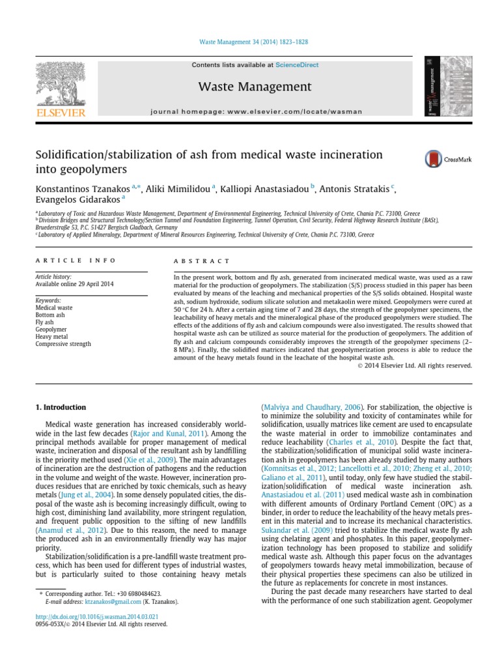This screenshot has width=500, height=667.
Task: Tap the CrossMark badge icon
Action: [x=432, y=159]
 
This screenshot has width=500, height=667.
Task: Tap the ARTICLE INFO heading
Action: [x=76, y=260]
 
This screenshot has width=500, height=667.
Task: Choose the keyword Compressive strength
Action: [x=62, y=344]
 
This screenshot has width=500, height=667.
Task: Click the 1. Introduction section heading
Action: [x=60, y=407]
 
